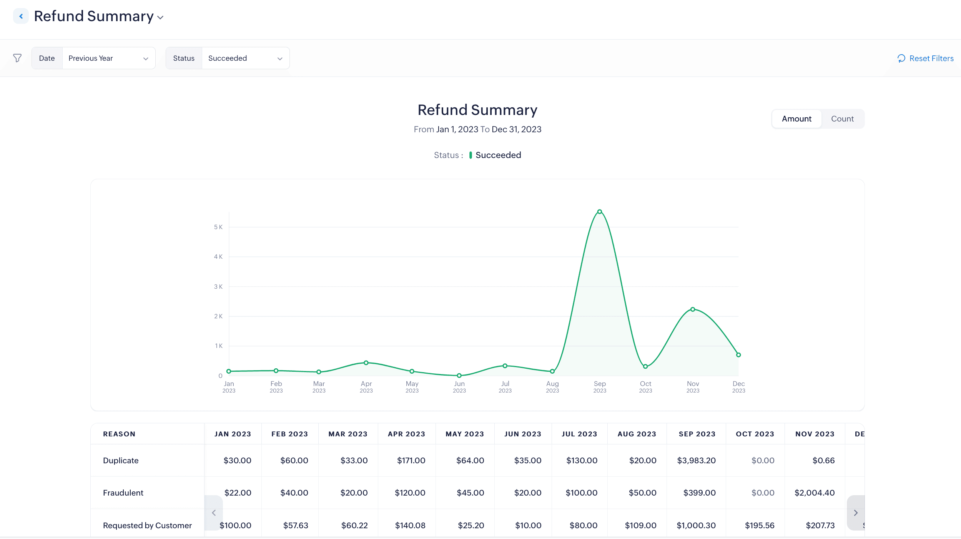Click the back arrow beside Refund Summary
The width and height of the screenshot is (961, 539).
pyautogui.click(x=21, y=16)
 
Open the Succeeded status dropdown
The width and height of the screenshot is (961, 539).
pyautogui.click(x=245, y=58)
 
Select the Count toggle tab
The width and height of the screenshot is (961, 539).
pyautogui.click(x=842, y=119)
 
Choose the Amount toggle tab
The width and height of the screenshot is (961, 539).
pyautogui.click(x=796, y=119)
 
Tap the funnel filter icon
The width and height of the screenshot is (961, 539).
pyautogui.click(x=17, y=58)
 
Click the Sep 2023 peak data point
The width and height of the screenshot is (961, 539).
pyautogui.click(x=600, y=212)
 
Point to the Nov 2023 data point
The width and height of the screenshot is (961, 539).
pyautogui.click(x=693, y=309)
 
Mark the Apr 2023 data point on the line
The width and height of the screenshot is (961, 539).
pyautogui.click(x=366, y=363)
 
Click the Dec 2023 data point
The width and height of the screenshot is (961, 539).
pyautogui.click(x=738, y=355)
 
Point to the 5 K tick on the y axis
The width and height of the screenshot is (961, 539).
pyautogui.click(x=218, y=227)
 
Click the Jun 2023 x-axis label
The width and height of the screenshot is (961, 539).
pyautogui.click(x=459, y=387)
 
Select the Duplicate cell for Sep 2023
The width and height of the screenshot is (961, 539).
pyautogui.click(x=696, y=461)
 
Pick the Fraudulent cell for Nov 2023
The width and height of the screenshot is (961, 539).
pyautogui.click(x=815, y=493)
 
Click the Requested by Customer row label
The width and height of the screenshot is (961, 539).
pyautogui.click(x=147, y=525)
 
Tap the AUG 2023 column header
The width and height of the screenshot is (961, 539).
pyautogui.click(x=637, y=434)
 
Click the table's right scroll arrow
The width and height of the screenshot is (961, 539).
pyautogui.click(x=856, y=513)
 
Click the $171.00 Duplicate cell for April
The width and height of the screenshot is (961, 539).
pyautogui.click(x=411, y=461)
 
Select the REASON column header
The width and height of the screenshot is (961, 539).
pyautogui.click(x=119, y=434)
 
